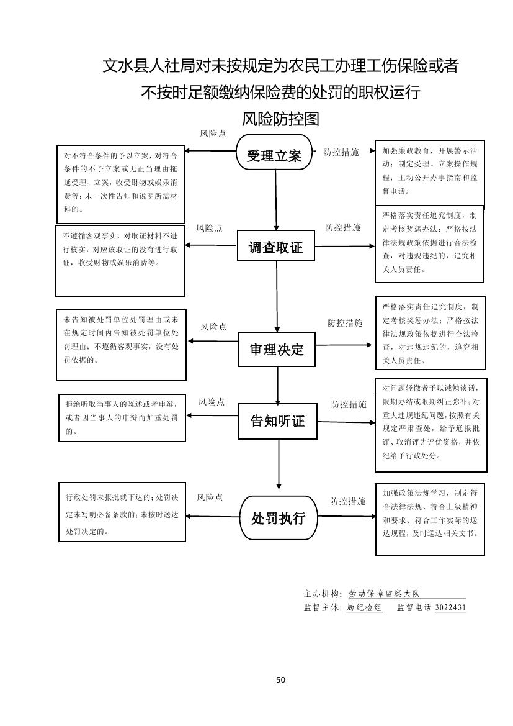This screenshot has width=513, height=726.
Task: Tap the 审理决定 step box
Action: (277, 348)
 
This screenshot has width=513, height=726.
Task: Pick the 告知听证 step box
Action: (277, 421)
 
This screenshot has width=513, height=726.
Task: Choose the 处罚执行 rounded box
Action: (278, 517)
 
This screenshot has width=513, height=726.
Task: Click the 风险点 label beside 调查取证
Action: (210, 228)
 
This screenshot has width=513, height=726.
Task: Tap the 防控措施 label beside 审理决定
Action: (345, 323)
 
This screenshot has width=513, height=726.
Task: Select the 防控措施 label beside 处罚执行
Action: (347, 501)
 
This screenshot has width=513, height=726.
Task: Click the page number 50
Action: (280, 679)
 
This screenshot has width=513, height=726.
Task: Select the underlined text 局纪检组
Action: (364, 607)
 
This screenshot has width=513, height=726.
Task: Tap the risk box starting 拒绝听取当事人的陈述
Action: (122, 417)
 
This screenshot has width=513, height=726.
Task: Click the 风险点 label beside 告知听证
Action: (212, 402)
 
